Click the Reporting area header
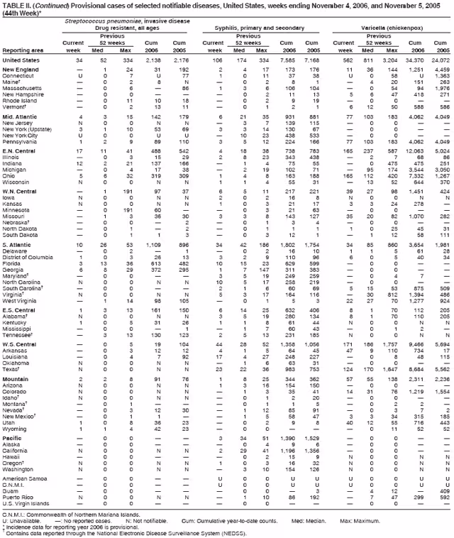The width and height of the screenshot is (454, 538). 21,50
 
